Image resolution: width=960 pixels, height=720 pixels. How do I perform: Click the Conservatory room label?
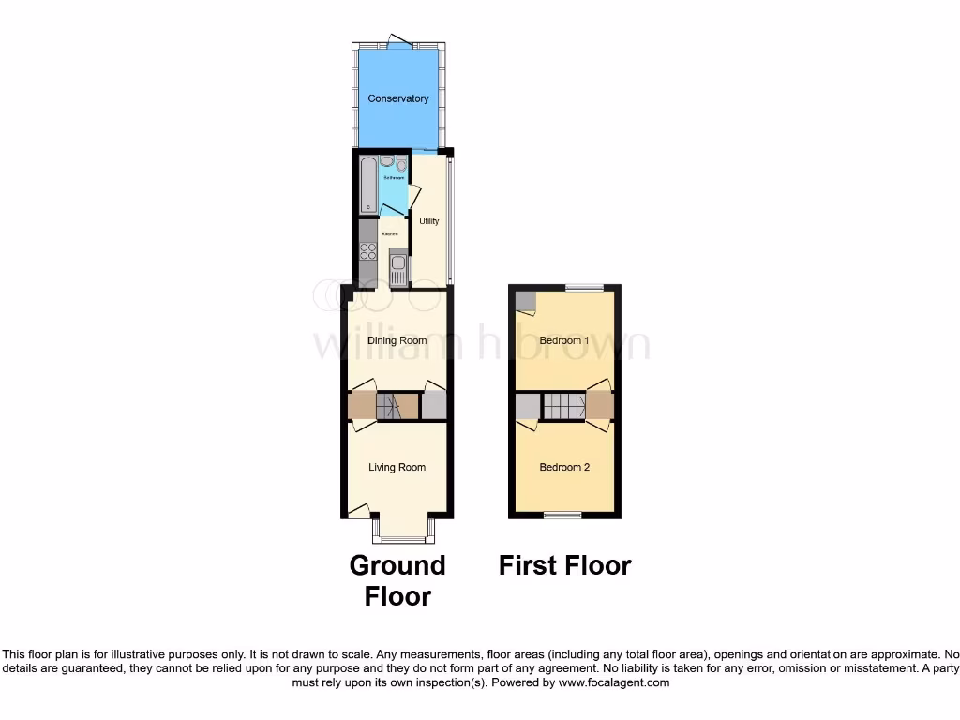(x=397, y=98)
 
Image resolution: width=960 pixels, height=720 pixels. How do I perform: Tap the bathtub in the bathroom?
(x=367, y=185)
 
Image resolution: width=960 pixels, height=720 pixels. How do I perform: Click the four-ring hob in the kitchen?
(x=367, y=250)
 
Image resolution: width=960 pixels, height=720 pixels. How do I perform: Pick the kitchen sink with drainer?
(x=398, y=269)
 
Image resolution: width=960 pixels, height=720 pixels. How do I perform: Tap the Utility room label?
(x=429, y=221)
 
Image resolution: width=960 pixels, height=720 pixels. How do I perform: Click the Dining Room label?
(x=397, y=340)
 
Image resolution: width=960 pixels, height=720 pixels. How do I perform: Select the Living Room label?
(x=397, y=467)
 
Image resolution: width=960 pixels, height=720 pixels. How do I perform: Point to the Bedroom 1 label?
(x=564, y=340)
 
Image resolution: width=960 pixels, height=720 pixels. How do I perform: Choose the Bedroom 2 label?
(x=564, y=467)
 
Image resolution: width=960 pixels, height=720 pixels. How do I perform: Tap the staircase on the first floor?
(x=563, y=407)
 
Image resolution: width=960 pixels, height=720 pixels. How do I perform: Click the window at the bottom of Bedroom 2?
(x=563, y=515)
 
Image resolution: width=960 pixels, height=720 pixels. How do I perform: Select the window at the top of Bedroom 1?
(x=584, y=287)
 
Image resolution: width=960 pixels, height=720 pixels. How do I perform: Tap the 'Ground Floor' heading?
(x=397, y=580)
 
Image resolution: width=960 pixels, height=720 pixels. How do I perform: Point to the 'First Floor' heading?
(x=564, y=565)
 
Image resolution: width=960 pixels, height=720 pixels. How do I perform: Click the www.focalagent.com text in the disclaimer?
(x=614, y=683)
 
